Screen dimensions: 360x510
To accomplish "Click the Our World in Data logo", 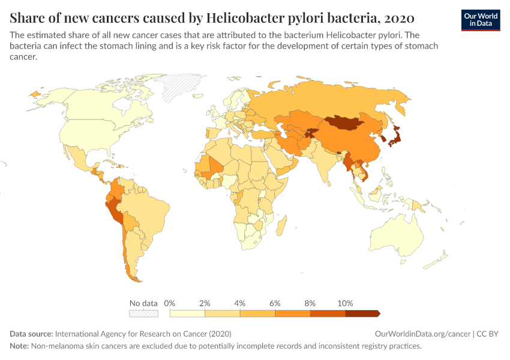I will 480,20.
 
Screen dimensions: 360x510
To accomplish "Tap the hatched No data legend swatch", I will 143,313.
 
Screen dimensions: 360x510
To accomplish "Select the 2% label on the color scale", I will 205,303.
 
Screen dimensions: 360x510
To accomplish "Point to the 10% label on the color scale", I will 345,303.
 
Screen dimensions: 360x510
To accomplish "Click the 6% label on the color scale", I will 275,303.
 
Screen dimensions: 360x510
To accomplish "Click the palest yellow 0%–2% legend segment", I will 187,313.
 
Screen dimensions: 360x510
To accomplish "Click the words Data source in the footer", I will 31,334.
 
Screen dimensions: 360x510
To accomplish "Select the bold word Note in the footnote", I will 20,346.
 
